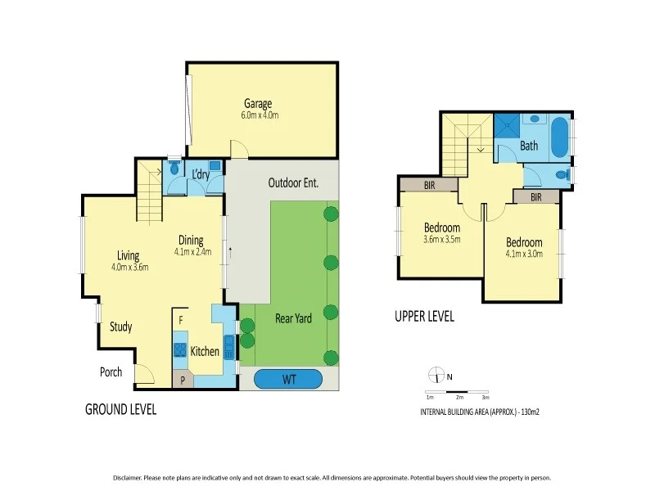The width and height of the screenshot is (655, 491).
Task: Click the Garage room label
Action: coord(257,103)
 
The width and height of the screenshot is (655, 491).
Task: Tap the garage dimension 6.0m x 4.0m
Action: coord(260,115)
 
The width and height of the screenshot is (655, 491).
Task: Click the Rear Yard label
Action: coord(292,318)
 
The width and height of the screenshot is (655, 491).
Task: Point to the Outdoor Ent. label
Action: coord(293,183)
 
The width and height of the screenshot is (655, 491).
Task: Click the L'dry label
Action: coord(201,175)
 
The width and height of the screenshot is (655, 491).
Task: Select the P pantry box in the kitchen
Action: coord(182,380)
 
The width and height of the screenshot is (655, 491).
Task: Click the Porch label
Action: coord(111,372)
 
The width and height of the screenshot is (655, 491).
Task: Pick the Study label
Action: coord(120,327)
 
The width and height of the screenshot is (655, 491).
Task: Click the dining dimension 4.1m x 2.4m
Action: coord(192,252)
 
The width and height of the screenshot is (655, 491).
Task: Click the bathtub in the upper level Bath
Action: coord(558,138)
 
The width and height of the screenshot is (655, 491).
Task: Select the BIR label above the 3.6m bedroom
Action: coord(429,186)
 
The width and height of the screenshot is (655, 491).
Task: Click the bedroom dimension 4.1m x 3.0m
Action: coord(523,255)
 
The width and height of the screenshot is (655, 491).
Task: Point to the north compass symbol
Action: coord(435,376)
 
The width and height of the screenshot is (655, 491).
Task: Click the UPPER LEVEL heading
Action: coord(424,317)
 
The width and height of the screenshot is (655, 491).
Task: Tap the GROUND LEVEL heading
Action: coord(120,409)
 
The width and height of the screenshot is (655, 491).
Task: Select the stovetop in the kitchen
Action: coord(179,350)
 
